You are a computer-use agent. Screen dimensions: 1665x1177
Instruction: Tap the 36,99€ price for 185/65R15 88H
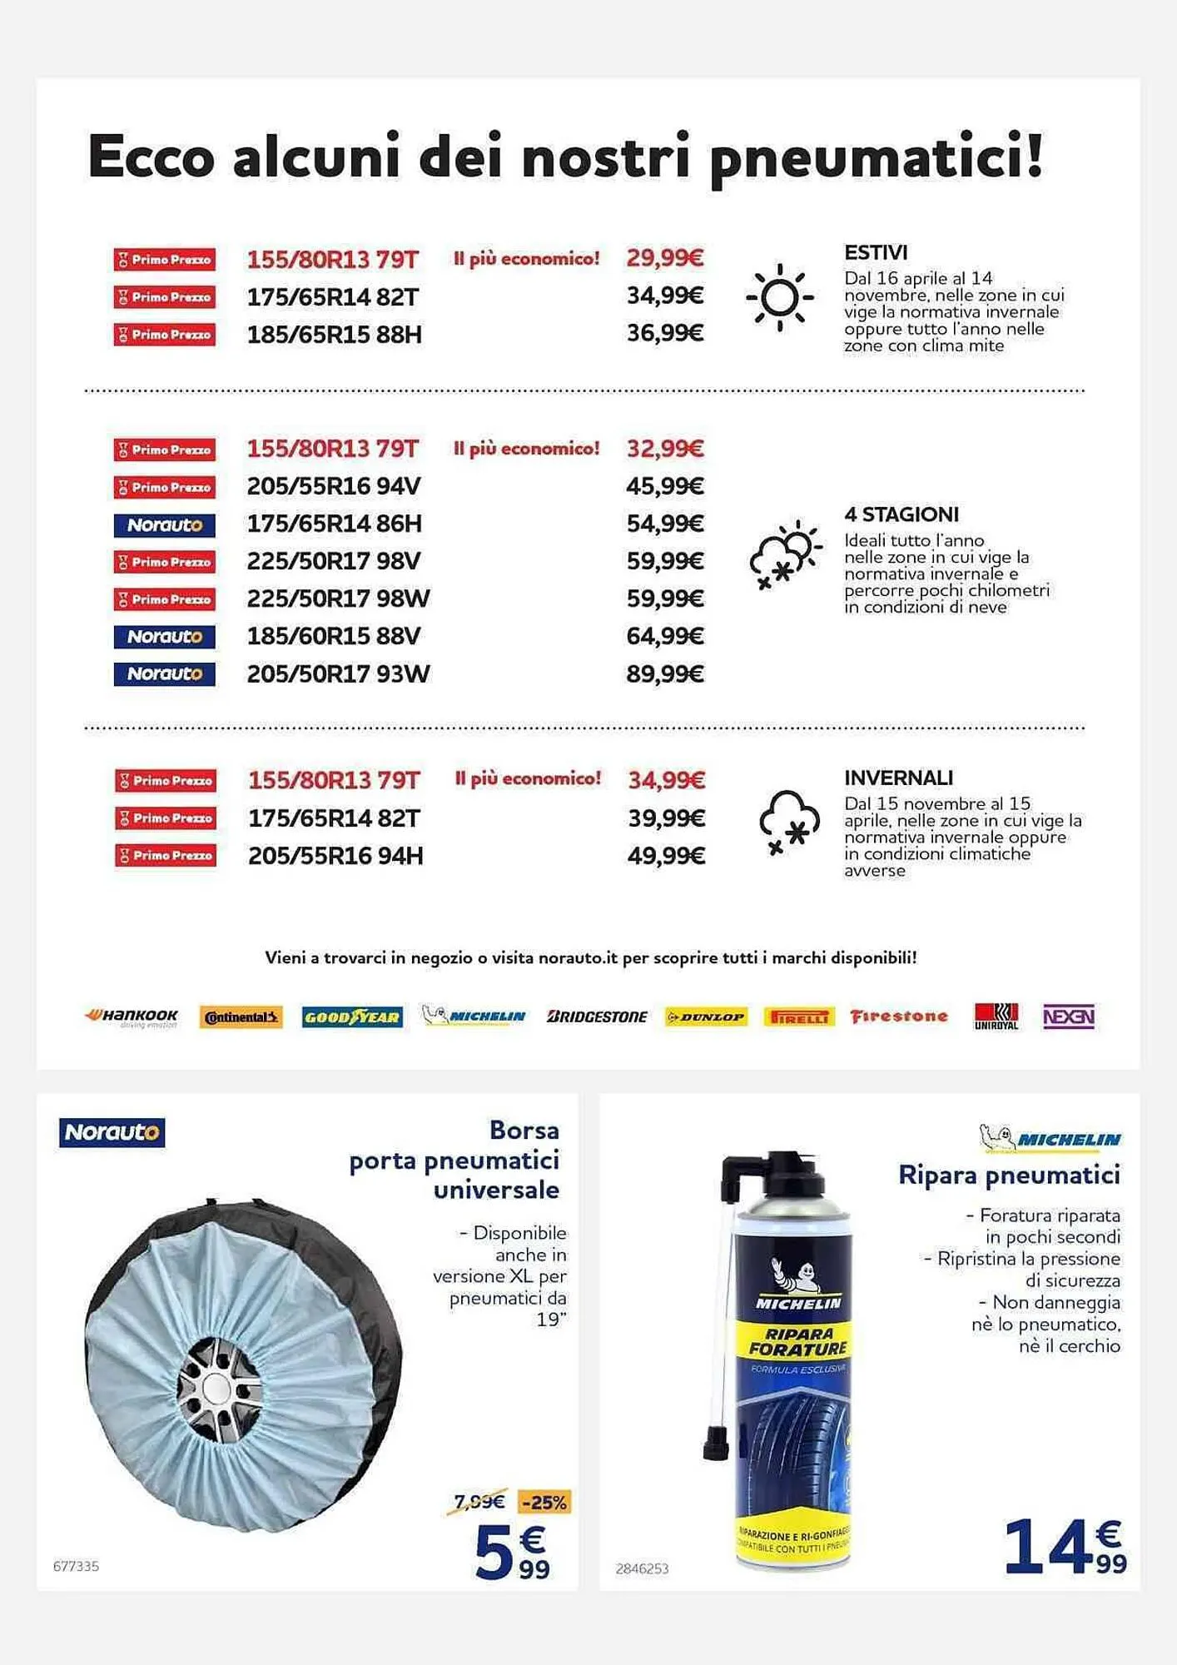coord(665,333)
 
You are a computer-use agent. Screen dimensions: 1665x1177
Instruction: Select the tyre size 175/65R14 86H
coord(334,524)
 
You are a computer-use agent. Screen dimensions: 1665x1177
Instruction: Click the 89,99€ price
coord(665,673)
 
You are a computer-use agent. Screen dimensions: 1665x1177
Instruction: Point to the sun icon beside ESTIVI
coord(780,297)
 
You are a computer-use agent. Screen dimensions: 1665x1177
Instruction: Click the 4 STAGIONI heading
coord(901,514)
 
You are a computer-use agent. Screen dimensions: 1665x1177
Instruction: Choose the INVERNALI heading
coord(898,778)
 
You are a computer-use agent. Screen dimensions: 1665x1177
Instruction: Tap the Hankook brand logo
coord(132,1016)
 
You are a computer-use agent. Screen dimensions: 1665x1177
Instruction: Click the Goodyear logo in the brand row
coord(352,1016)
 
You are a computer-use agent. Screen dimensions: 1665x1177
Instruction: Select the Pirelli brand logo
coord(798,1016)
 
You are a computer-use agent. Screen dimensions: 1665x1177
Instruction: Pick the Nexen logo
coord(1069,1016)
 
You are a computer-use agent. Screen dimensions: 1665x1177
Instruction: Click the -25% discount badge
coord(544,1503)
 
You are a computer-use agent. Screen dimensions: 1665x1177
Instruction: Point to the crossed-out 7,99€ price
coord(479,1501)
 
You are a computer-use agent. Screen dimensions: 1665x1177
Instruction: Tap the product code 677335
coord(76,1566)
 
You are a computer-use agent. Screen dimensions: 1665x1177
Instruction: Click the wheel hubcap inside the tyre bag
coord(218,1390)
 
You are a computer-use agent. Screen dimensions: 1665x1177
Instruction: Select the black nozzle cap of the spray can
coord(715,1444)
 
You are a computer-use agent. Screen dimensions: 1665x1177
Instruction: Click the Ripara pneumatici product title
coord(1009,1175)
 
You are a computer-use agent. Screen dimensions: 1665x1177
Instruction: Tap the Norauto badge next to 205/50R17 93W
coord(165,673)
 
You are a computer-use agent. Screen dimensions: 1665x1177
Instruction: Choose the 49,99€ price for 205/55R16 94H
coord(666,856)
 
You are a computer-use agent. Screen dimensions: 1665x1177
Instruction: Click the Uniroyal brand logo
coord(996,1016)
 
